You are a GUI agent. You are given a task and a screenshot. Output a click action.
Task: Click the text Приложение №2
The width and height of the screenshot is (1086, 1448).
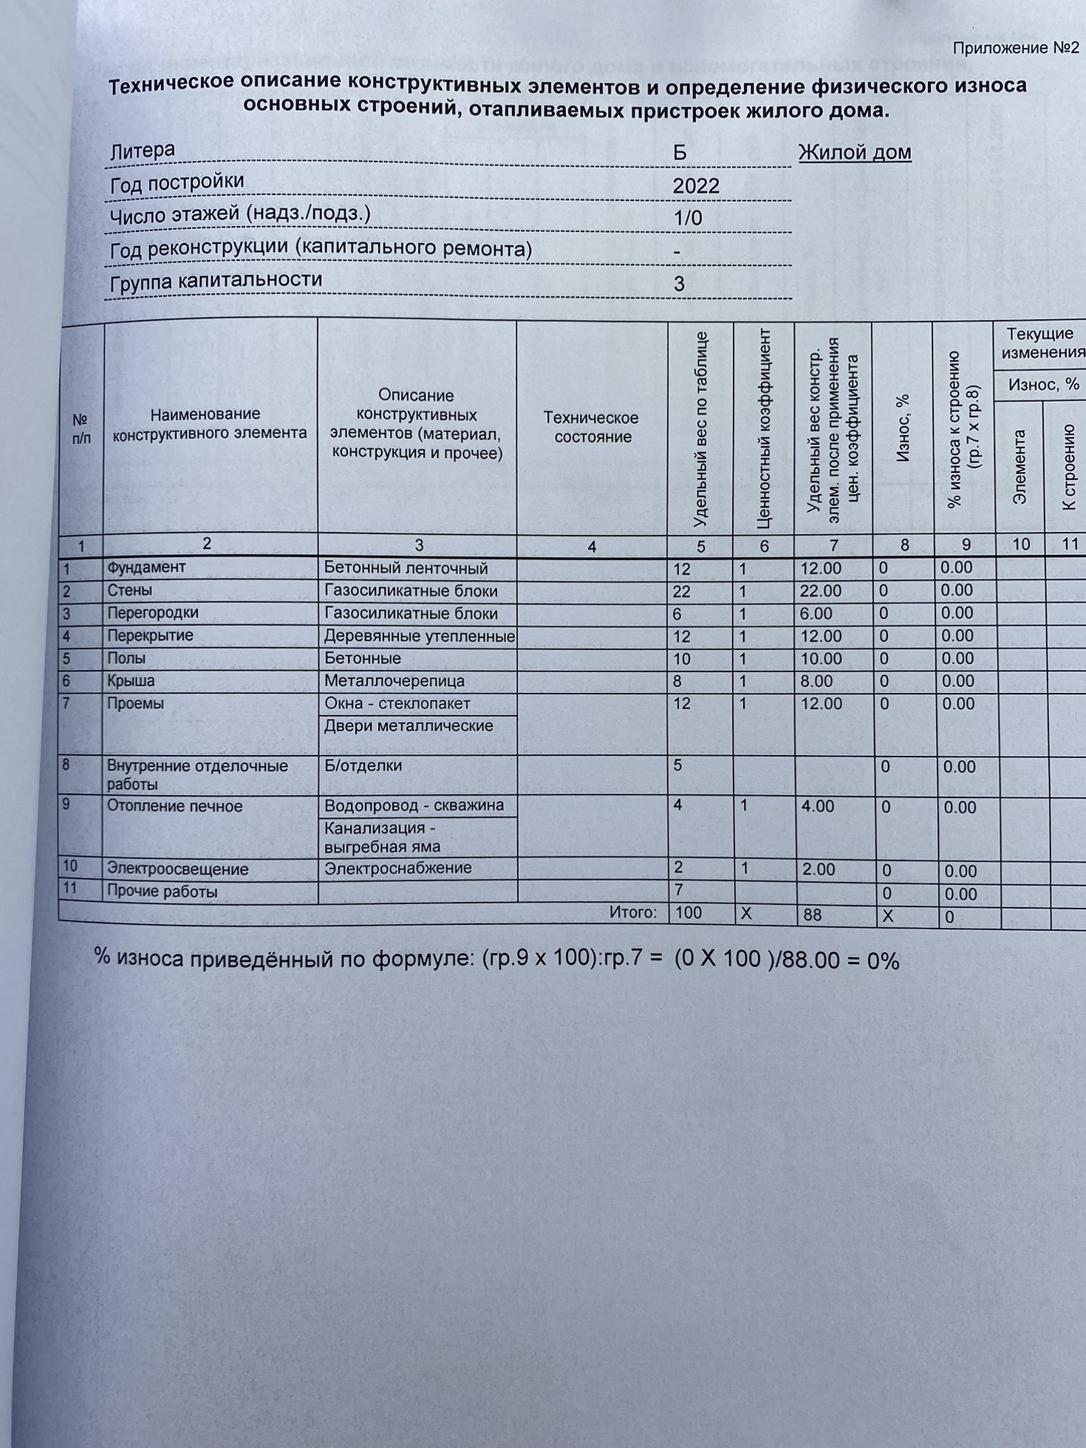click(x=1016, y=49)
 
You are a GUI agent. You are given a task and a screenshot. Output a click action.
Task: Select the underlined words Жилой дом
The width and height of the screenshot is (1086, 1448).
click(x=855, y=153)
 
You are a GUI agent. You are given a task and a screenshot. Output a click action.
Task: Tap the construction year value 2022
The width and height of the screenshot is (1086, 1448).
click(x=696, y=185)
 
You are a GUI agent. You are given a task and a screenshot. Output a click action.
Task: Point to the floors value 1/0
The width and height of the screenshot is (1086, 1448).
click(x=688, y=218)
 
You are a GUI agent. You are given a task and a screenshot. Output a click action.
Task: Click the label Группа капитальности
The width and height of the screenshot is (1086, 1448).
click(x=216, y=281)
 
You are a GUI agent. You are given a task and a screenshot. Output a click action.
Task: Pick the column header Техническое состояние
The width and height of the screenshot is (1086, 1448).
click(x=592, y=427)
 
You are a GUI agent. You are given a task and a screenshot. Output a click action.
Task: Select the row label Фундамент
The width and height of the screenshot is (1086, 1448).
click(x=146, y=567)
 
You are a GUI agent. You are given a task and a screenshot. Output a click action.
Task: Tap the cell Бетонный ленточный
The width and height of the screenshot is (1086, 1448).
click(x=406, y=568)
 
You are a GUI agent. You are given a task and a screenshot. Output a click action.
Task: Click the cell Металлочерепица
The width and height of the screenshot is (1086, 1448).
click(x=395, y=681)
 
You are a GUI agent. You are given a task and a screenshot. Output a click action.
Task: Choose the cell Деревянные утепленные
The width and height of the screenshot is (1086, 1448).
click(x=419, y=636)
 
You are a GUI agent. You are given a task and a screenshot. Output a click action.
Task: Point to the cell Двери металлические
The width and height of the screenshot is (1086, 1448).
click(x=409, y=726)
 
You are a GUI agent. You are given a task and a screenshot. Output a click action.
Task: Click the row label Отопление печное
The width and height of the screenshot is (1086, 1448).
click(x=174, y=806)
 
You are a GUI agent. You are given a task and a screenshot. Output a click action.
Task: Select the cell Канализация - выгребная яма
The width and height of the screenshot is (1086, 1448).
click(x=382, y=837)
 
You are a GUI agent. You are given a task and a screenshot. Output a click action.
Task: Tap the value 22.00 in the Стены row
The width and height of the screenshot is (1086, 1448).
click(x=821, y=591)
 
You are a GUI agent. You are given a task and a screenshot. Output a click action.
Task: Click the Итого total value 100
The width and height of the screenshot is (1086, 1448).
click(x=688, y=912)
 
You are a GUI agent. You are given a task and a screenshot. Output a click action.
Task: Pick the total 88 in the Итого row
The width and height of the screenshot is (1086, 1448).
click(x=812, y=915)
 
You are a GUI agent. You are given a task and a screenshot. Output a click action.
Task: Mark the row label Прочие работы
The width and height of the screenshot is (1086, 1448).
click(x=162, y=892)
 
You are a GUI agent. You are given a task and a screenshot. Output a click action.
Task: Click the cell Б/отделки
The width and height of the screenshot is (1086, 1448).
click(x=363, y=765)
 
